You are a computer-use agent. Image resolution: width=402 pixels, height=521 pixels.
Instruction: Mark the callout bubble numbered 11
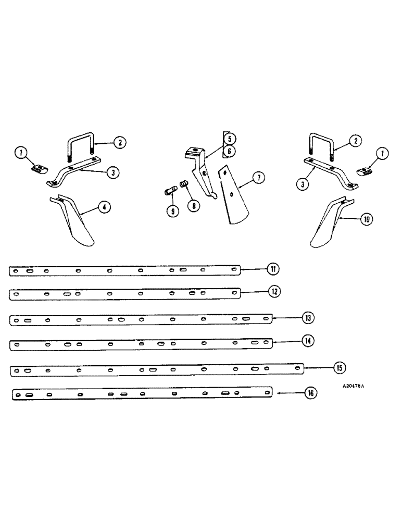click(x=273, y=269)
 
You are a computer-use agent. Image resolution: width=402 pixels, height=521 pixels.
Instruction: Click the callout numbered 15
click(x=339, y=368)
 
